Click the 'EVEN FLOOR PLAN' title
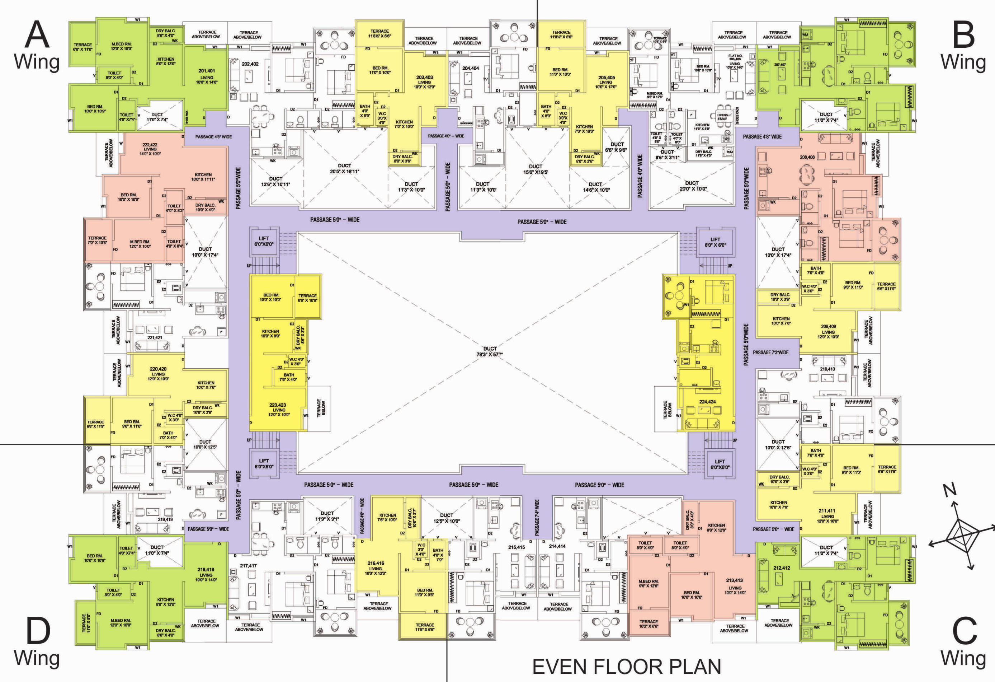tap(626, 667)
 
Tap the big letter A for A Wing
tap(37, 35)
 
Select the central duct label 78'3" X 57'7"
tap(490, 351)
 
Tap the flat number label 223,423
tap(277, 405)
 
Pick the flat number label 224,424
tap(707, 402)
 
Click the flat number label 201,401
tap(206, 71)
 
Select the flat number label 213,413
tap(734, 580)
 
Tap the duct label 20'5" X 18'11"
tap(344, 168)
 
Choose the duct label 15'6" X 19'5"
tap(535, 169)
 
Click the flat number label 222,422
tap(150, 145)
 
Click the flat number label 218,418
tap(206, 570)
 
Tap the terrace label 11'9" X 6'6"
tap(424, 627)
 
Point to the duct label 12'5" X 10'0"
tap(446, 518)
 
